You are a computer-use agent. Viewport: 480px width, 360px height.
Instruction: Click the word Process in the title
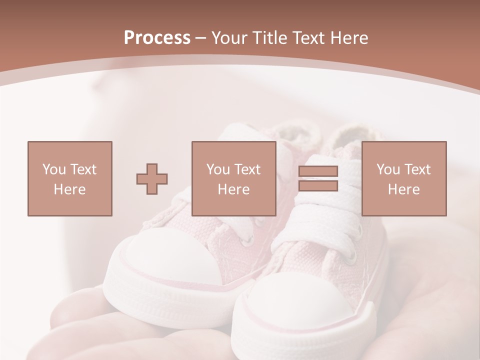(157, 37)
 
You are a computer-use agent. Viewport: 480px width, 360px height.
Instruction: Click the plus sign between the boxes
(152, 178)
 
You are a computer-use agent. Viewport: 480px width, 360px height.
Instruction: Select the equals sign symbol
(318, 178)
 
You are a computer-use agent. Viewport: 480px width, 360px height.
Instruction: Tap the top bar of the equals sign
(318, 171)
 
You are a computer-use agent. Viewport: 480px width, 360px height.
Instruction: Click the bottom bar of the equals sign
(318, 186)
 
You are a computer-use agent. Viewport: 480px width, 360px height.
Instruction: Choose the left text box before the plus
(69, 178)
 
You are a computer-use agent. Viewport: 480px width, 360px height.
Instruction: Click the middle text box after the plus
(233, 178)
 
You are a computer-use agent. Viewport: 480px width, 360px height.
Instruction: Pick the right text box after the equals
(403, 178)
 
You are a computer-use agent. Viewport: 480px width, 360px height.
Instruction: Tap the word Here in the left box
(69, 189)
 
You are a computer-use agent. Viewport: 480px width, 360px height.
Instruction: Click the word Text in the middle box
(247, 169)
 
